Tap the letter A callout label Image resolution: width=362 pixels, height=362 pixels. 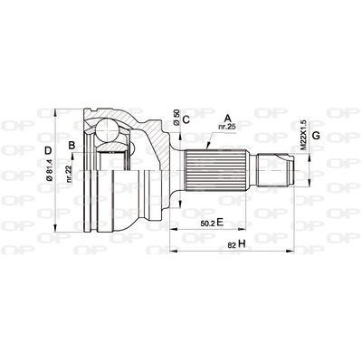coord(228,117)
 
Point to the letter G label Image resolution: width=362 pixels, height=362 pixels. coord(314,136)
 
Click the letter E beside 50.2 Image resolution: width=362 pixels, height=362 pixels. coord(220,220)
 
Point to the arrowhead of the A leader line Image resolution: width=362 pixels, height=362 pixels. coord(207,147)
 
